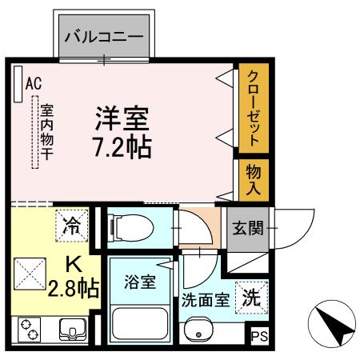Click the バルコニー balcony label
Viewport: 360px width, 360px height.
tap(103, 36)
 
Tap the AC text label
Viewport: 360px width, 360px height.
tap(33, 82)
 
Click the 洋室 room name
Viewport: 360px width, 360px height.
tap(122, 121)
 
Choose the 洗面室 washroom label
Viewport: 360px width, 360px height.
tap(206, 302)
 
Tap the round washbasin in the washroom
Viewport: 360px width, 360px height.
tap(198, 331)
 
